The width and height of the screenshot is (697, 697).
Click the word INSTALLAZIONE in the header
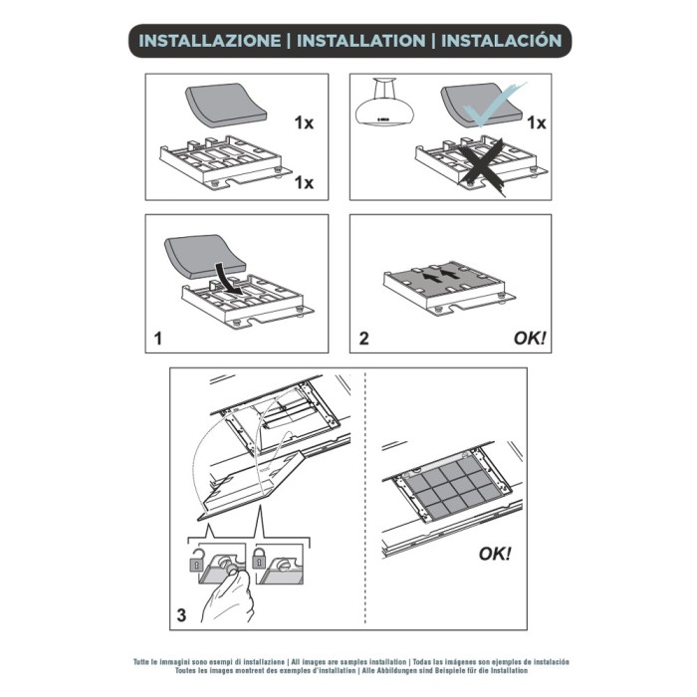(x=209, y=41)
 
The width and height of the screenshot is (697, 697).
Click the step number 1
(x=157, y=339)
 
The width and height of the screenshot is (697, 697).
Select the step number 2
(x=363, y=339)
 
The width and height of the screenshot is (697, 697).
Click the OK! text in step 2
(x=530, y=339)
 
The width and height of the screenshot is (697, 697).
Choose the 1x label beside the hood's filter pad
(x=536, y=123)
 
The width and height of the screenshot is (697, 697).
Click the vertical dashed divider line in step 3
(x=367, y=498)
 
